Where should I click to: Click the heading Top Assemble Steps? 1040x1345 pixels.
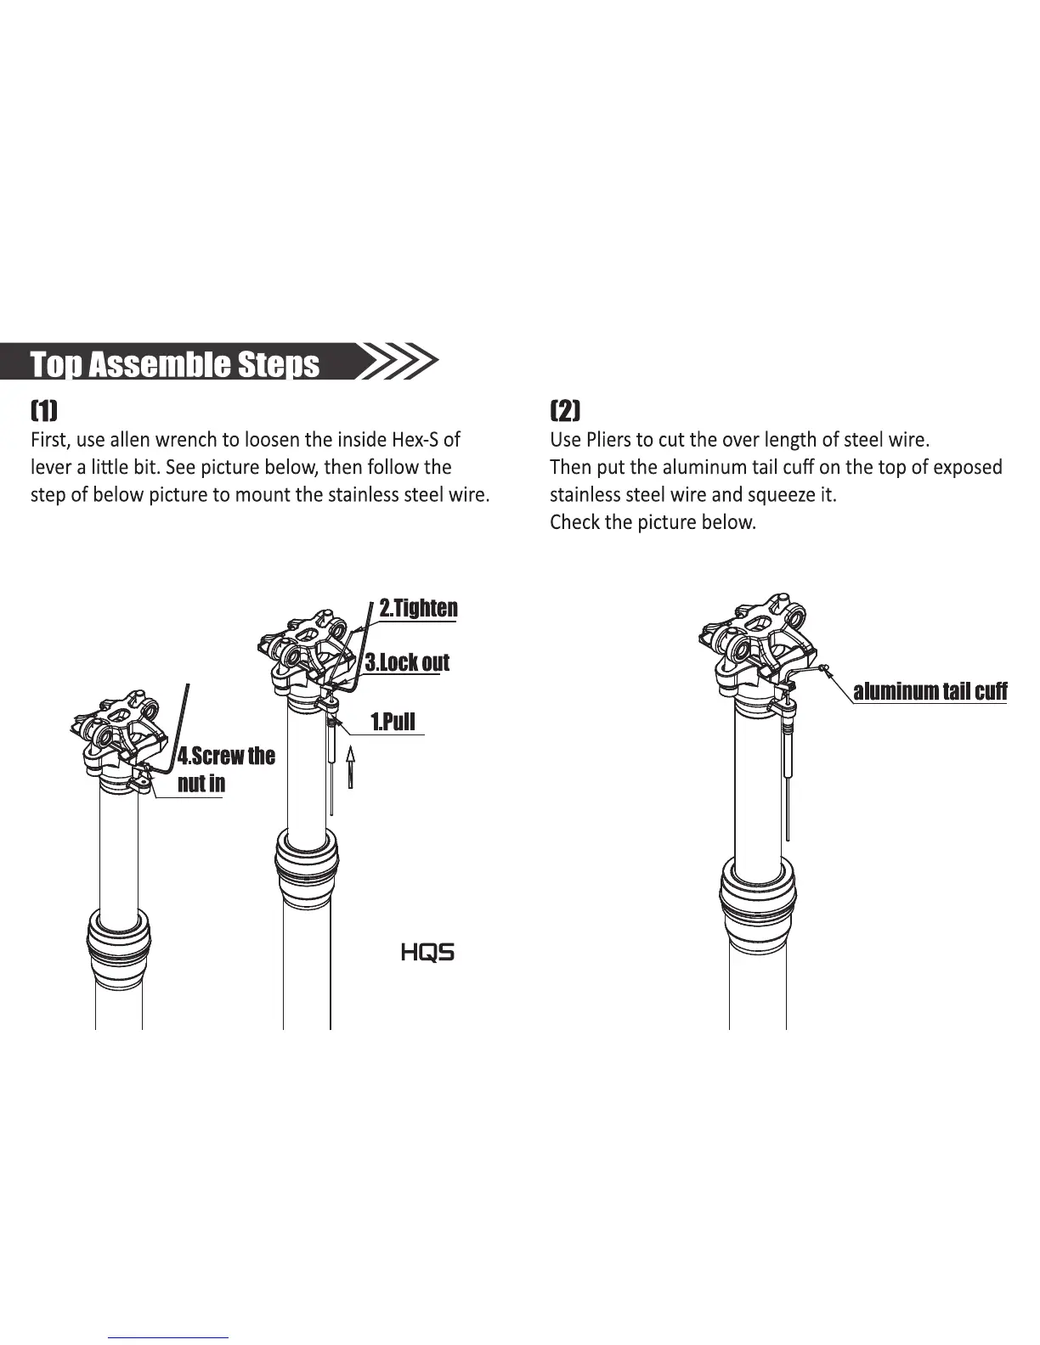click(x=175, y=363)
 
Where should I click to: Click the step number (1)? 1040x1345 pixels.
click(x=44, y=412)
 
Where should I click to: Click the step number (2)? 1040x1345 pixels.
click(x=565, y=412)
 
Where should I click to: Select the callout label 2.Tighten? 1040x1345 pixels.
click(x=418, y=608)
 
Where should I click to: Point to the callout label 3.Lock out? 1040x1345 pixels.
click(x=407, y=662)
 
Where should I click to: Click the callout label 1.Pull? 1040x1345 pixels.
click(x=393, y=722)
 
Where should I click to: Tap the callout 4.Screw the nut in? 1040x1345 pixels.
click(x=225, y=769)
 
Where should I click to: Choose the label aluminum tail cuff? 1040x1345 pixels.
click(x=930, y=691)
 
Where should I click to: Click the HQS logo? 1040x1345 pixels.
click(x=427, y=953)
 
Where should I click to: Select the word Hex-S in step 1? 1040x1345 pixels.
click(x=415, y=440)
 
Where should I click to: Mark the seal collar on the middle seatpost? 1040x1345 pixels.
click(x=306, y=866)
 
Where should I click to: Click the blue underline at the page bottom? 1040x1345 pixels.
click(x=168, y=1337)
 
